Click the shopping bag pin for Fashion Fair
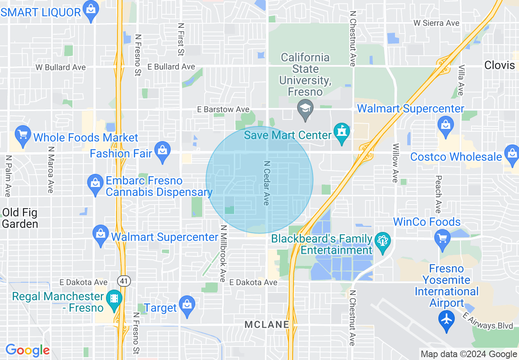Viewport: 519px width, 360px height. tap(162, 151)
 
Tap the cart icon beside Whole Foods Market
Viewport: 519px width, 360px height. tap(23, 135)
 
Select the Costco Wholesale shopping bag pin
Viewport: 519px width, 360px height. tap(512, 155)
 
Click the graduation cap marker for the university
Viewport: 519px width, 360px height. tap(305, 109)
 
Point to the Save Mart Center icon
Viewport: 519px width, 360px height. tap(341, 133)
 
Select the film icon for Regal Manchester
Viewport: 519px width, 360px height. tap(113, 300)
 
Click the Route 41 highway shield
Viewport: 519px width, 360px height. tap(123, 281)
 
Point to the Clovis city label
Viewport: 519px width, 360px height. tap(499, 65)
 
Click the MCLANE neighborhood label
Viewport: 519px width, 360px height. tap(267, 325)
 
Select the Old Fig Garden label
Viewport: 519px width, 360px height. tap(20, 218)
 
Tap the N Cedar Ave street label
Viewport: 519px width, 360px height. tap(266, 183)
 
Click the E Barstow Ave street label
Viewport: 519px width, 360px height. tap(223, 110)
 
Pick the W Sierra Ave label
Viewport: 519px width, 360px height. tap(436, 23)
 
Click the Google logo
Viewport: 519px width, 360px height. tap(27, 350)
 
